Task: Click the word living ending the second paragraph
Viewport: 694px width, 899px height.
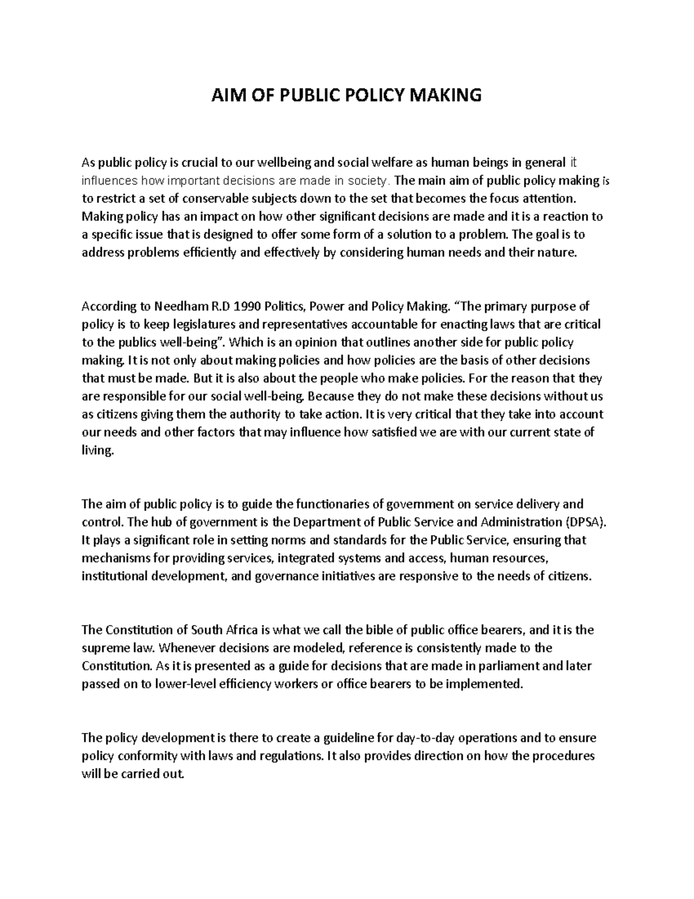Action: [97, 450]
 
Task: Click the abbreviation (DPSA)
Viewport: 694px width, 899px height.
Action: [586, 522]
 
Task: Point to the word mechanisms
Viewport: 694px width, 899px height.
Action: [116, 558]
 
